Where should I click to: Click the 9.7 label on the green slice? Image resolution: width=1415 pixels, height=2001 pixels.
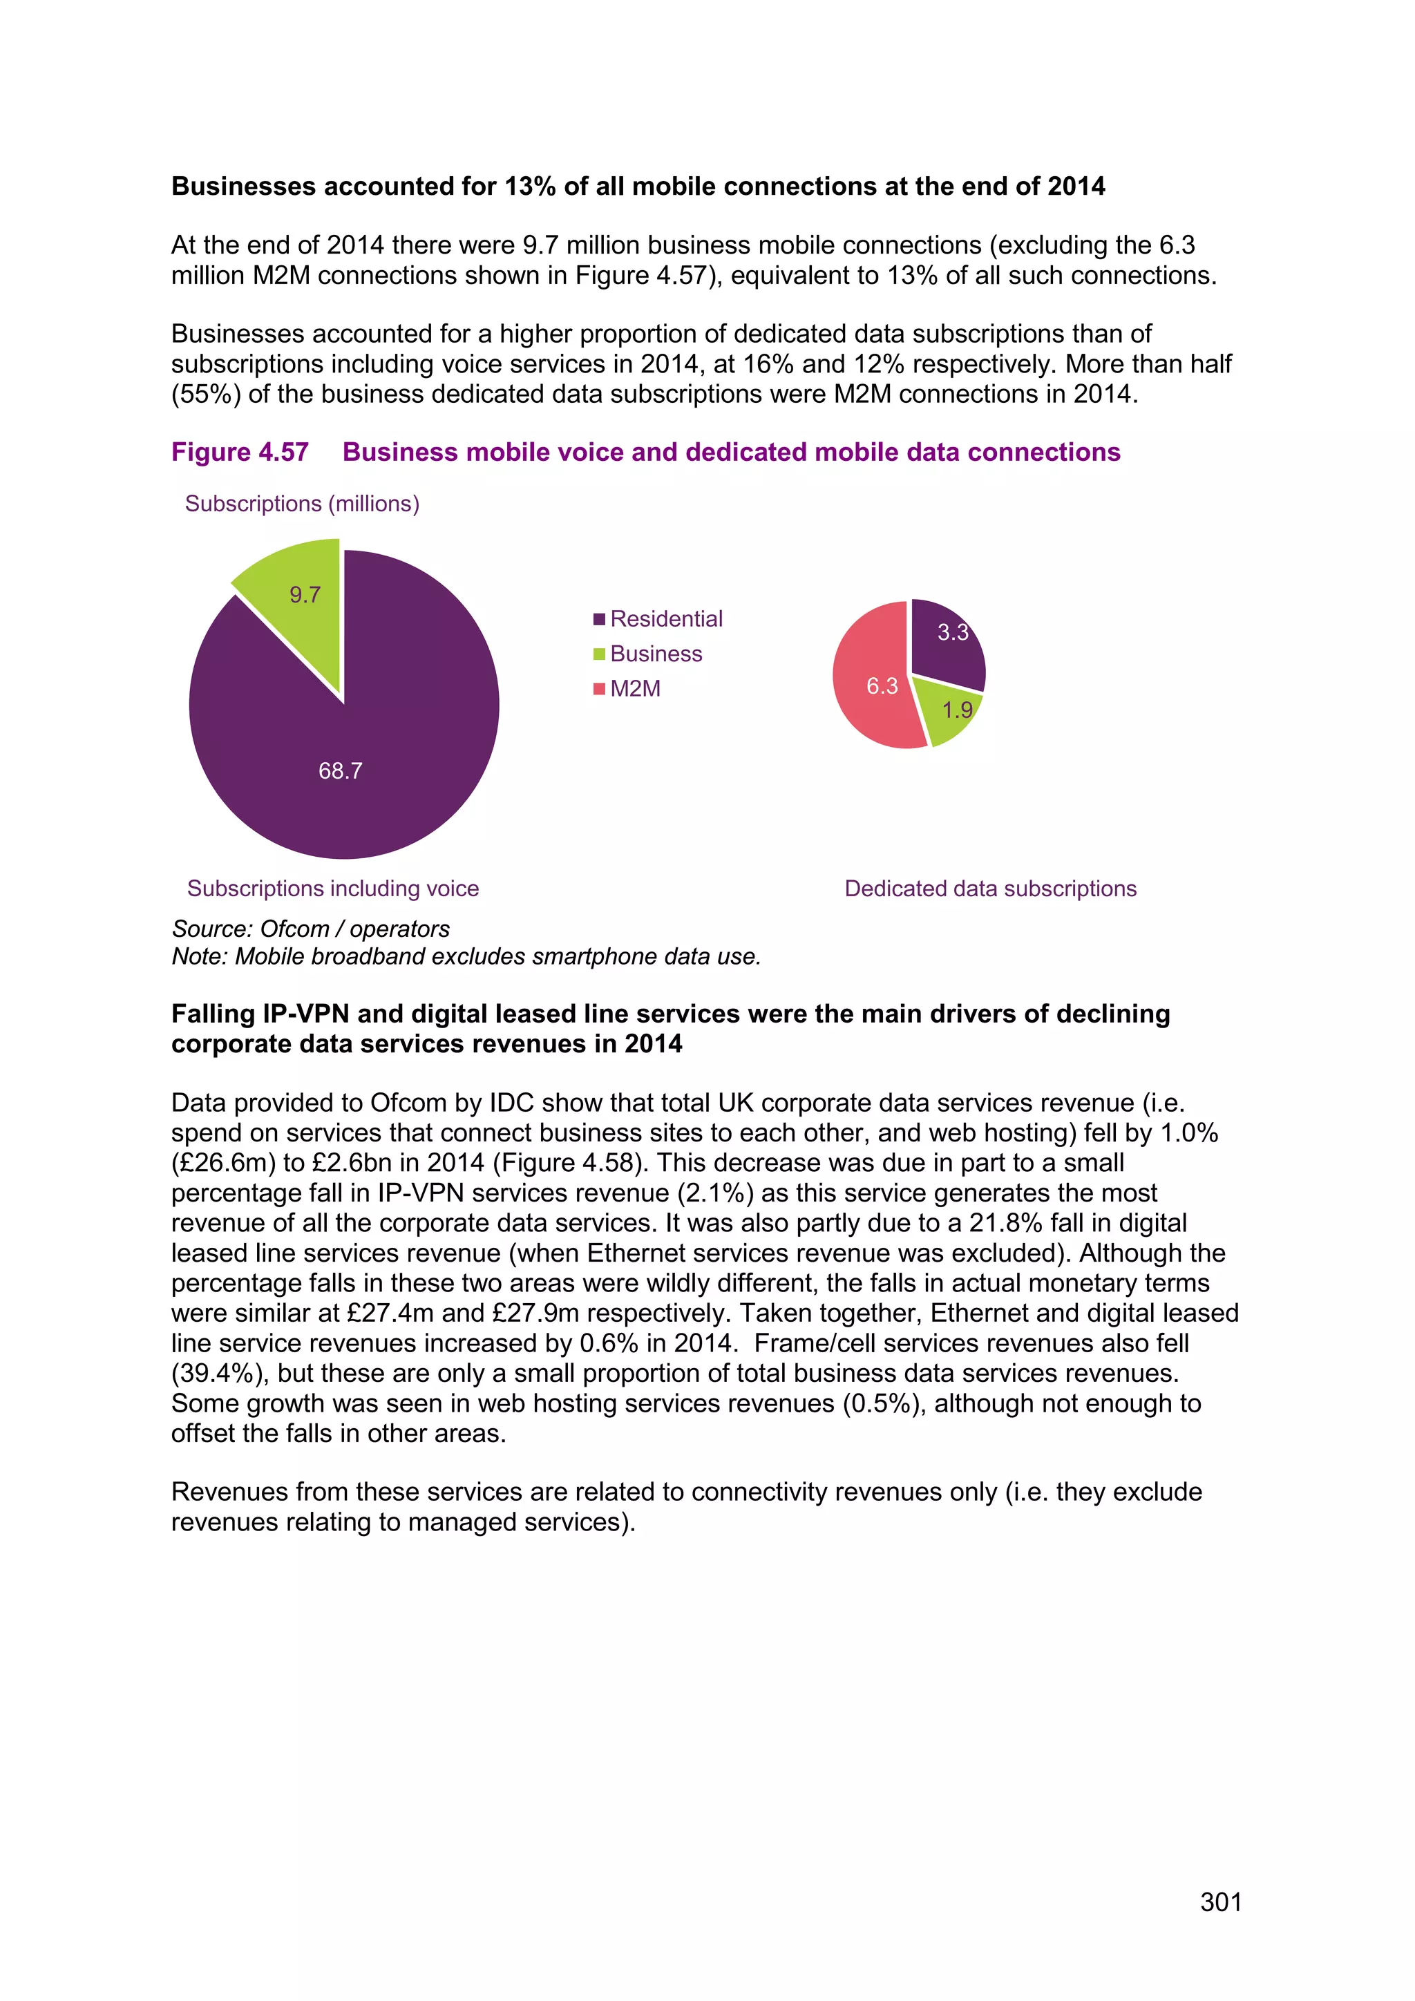(x=305, y=595)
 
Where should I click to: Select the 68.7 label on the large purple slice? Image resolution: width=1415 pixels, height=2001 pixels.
(x=340, y=770)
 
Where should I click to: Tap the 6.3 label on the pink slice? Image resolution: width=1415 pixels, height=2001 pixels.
(x=882, y=687)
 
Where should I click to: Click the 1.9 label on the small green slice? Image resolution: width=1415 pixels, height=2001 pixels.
(x=957, y=710)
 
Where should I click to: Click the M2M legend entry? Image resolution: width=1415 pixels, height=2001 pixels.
(x=635, y=688)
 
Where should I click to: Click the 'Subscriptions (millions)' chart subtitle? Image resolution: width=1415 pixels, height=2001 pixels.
(x=303, y=504)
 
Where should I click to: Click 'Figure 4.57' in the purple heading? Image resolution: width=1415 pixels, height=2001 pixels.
(x=240, y=453)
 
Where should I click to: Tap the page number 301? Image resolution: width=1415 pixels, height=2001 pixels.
(x=1220, y=1902)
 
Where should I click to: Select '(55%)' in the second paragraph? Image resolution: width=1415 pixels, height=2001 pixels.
(x=206, y=394)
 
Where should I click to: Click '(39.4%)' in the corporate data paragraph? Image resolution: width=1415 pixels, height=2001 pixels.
(x=217, y=1373)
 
